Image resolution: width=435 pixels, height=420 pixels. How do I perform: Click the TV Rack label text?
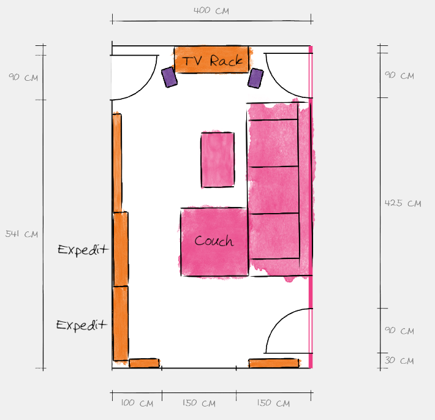[x=212, y=61]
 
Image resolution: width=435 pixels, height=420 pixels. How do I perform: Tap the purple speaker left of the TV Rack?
[x=169, y=77]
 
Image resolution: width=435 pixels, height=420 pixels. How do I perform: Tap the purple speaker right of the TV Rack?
[x=255, y=78]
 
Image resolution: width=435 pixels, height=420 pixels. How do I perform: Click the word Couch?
[x=214, y=241]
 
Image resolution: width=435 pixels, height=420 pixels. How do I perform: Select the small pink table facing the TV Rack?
[x=217, y=160]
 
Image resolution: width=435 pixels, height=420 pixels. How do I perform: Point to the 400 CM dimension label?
[x=211, y=11]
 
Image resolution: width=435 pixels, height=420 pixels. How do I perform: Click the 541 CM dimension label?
[x=21, y=234]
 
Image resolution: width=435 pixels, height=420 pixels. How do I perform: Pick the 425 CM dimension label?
[x=403, y=203]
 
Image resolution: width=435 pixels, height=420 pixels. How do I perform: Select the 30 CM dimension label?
[x=399, y=361]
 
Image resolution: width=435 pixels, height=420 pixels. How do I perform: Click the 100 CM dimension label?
[x=137, y=403]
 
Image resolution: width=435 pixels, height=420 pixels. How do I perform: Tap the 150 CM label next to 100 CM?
[x=199, y=403]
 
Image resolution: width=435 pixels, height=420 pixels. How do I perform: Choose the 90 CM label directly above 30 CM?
[x=399, y=331]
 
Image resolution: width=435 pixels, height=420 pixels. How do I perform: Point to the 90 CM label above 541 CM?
[x=23, y=77]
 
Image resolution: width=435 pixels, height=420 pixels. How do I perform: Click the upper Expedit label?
[x=83, y=250]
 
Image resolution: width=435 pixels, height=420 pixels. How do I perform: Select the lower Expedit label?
[x=81, y=325]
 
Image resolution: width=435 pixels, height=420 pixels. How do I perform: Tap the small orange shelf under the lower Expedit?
[x=144, y=363]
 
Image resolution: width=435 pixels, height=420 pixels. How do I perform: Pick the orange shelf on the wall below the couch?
[x=274, y=363]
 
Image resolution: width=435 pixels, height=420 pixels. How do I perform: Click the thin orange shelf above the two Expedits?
[x=117, y=163]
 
